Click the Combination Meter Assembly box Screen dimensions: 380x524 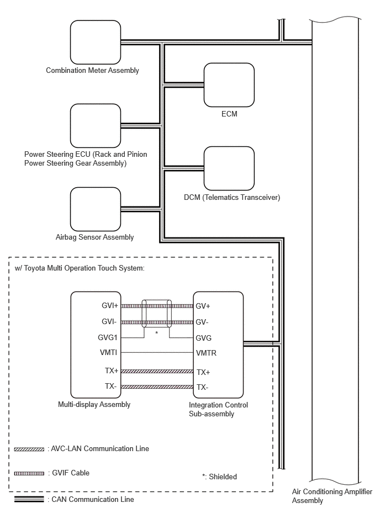[95, 42]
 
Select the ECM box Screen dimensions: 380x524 [229, 85]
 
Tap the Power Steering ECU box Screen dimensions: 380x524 [95, 126]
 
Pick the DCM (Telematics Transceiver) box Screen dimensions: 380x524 [229, 168]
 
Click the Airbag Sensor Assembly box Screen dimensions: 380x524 [95, 209]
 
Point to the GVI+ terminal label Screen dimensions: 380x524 [109, 305]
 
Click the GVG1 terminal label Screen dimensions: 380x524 [108, 337]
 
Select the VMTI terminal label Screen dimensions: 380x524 [108, 352]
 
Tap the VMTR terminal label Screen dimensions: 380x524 [206, 353]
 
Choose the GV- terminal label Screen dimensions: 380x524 [202, 322]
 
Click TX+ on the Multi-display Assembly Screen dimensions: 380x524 [111, 370]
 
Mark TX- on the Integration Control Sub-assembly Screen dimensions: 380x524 [203, 387]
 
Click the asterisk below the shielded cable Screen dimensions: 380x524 [156, 333]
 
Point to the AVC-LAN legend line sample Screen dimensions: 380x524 [29, 449]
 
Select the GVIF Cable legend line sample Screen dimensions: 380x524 [29, 473]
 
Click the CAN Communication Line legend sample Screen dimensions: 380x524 [29, 499]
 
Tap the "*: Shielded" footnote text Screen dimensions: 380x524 [219, 477]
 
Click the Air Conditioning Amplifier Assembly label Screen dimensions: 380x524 [332, 496]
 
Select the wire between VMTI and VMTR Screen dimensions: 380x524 [157, 353]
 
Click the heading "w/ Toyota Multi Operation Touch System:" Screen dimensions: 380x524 [80, 268]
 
